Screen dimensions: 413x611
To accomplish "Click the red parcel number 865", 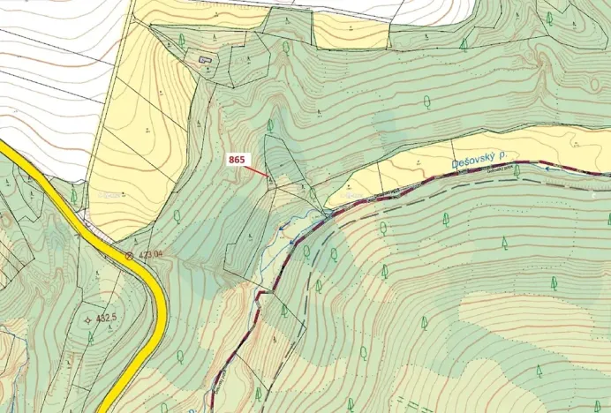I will click(x=237, y=160).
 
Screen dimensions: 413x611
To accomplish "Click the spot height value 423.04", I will click(x=150, y=254).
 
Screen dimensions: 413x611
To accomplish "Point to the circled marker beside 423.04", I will click(x=130, y=255).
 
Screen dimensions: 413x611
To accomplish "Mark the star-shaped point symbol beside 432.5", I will click(x=87, y=319).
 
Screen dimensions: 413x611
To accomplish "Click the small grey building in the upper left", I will click(x=206, y=60).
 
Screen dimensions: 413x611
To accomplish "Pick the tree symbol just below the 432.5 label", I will click(x=90, y=336).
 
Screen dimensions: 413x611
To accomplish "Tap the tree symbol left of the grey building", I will click(x=182, y=41).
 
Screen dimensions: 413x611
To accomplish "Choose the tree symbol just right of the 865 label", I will click(x=270, y=125).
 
